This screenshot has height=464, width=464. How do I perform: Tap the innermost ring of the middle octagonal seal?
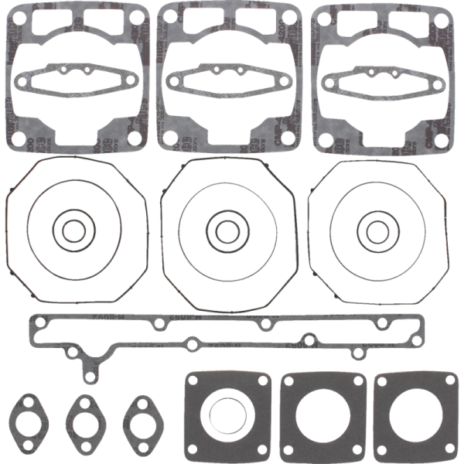(x=226, y=230)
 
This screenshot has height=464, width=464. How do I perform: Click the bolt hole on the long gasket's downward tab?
(x=87, y=377)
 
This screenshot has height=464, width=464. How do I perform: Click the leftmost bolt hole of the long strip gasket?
(x=36, y=323)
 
